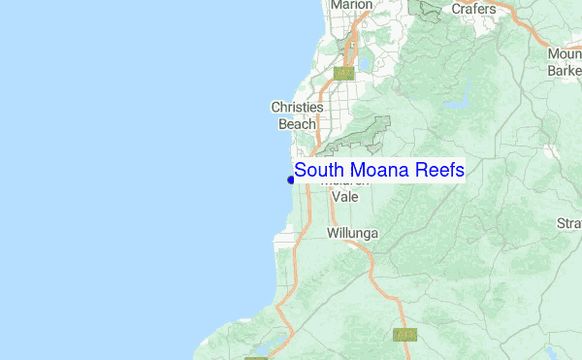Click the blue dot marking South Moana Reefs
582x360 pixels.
(291, 179)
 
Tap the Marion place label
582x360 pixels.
(351, 6)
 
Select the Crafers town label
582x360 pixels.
(473, 9)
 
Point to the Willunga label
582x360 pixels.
(352, 234)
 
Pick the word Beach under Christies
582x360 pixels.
(298, 124)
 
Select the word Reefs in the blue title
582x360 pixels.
(438, 171)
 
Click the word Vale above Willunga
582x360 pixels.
(345, 197)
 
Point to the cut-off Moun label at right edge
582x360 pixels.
(565, 54)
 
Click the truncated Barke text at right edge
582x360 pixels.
(565, 70)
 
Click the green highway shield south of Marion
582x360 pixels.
(342, 73)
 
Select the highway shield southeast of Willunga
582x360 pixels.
(404, 334)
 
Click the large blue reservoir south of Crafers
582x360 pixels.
(455, 96)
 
